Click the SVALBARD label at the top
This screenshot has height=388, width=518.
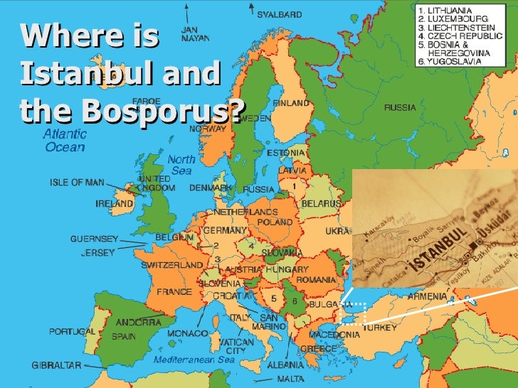(279, 14)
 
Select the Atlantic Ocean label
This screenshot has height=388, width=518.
(65, 141)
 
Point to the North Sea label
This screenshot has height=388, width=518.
(181, 165)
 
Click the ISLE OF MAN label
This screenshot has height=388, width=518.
(77, 182)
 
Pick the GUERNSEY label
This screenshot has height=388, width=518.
(94, 239)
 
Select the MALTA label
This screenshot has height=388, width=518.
(291, 379)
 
